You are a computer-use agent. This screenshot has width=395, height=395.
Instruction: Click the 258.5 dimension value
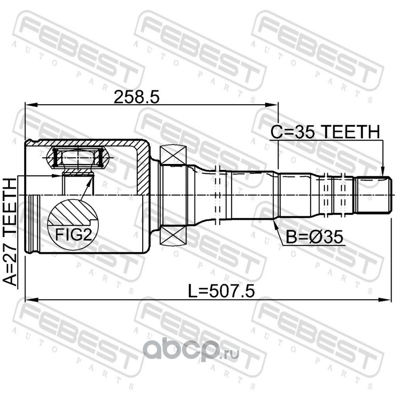pyautogui.click(x=137, y=97)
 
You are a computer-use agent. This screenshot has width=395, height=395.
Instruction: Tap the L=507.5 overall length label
pyautogui.click(x=221, y=291)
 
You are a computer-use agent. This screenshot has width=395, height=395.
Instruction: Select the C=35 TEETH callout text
pyautogui.click(x=325, y=132)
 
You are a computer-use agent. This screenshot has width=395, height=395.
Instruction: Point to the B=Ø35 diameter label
pyautogui.click(x=315, y=237)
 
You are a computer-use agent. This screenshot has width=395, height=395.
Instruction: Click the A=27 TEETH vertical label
pyautogui.click(x=10, y=232)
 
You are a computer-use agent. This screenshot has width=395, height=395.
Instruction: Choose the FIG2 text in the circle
pyautogui.click(x=73, y=235)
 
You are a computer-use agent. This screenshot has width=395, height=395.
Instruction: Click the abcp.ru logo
pyautogui.click(x=191, y=350)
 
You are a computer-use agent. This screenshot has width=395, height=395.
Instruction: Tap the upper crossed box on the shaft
pyautogui.click(x=173, y=155)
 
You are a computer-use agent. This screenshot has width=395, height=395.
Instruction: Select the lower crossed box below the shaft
pyautogui.click(x=173, y=236)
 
